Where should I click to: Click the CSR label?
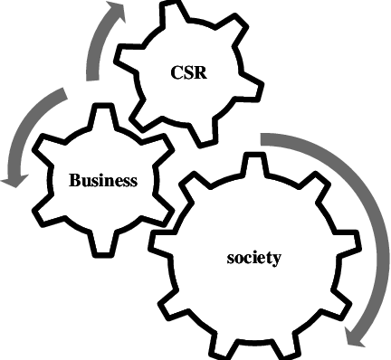tap(190, 74)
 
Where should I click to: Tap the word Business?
tap(103, 180)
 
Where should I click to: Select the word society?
tap(253, 258)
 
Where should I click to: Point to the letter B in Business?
tap(75, 180)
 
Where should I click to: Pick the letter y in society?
tap(278, 260)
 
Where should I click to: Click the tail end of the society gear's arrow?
tap(264, 138)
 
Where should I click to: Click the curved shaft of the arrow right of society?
tap(339, 199)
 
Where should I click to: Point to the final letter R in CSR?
tap(202, 74)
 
